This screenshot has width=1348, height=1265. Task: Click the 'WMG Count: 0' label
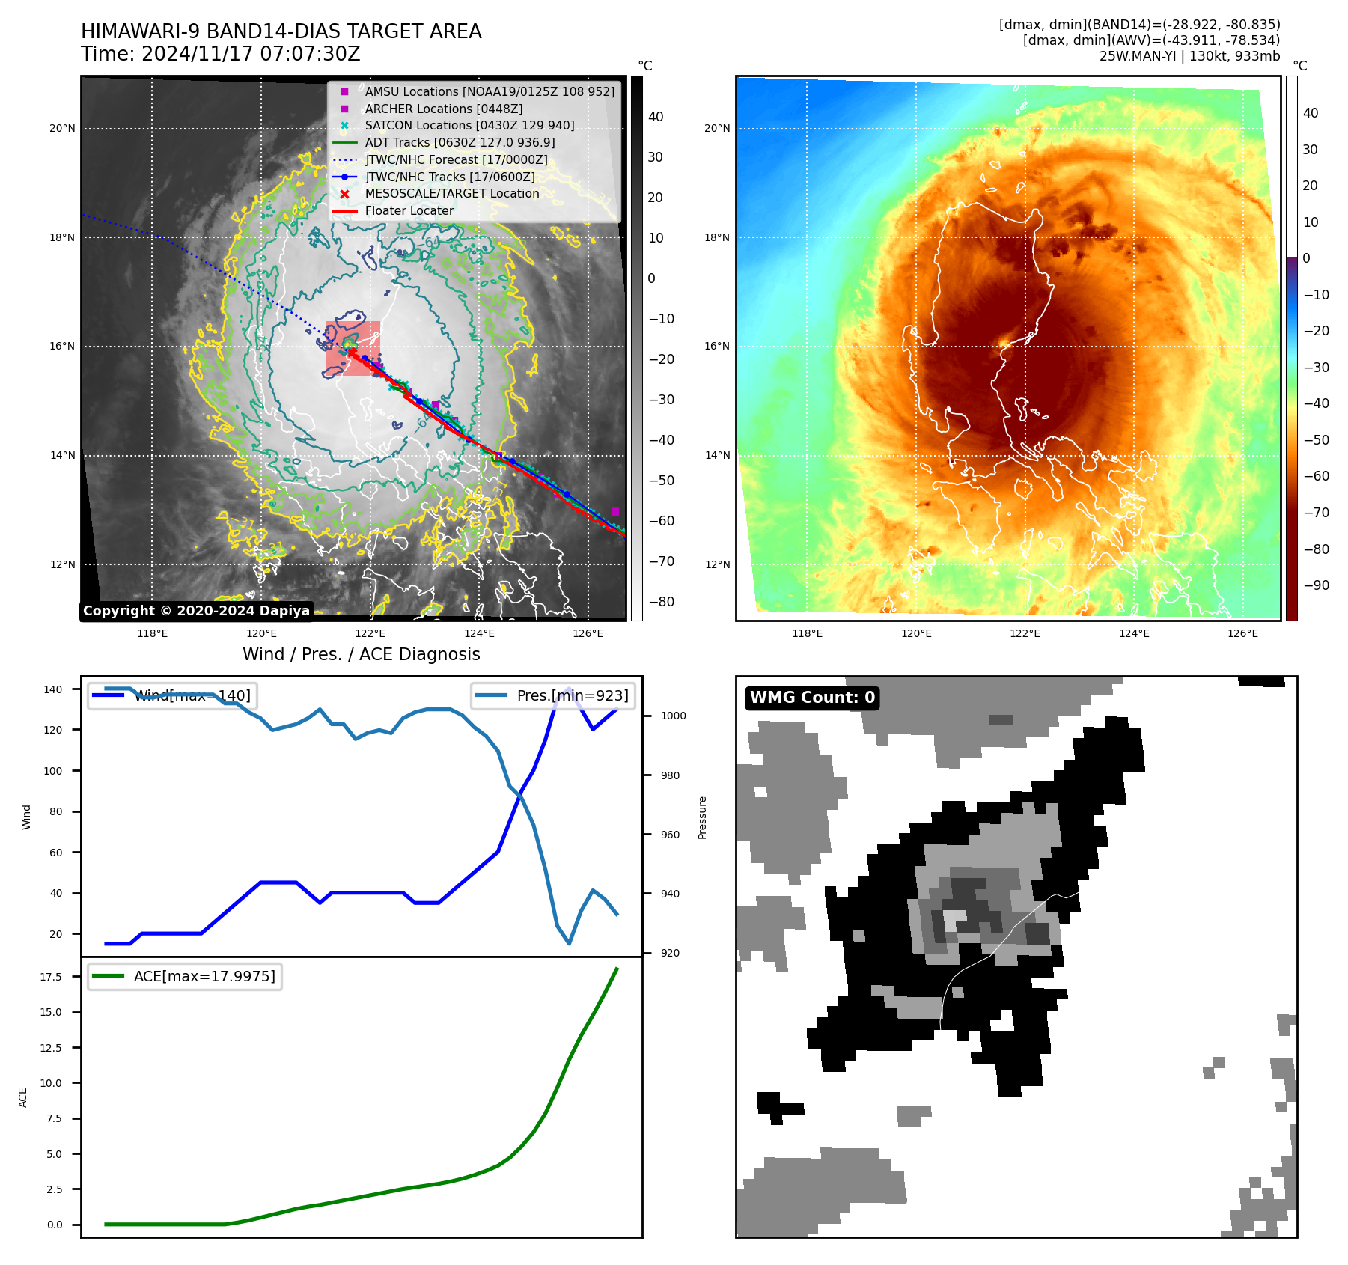pyautogui.click(x=812, y=698)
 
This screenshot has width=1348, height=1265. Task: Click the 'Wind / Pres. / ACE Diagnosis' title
pyautogui.click(x=362, y=654)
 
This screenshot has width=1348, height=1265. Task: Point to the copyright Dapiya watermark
pyautogui.click(x=196, y=611)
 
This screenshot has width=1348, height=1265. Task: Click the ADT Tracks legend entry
pyautogui.click(x=460, y=142)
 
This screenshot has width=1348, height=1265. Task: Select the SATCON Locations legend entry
pyautogui.click(x=469, y=125)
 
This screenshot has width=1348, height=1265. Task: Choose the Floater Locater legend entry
pyautogui.click(x=409, y=210)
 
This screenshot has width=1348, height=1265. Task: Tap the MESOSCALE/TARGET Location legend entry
pyautogui.click(x=451, y=193)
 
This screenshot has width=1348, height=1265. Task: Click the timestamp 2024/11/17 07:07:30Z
pyautogui.click(x=251, y=54)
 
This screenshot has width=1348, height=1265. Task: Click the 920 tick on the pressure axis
pyautogui.click(x=670, y=953)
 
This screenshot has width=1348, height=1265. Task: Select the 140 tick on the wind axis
pyautogui.click(x=53, y=689)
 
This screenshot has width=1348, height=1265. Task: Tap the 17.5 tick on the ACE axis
pyautogui.click(x=51, y=977)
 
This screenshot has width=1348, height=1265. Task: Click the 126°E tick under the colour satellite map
pyautogui.click(x=1242, y=633)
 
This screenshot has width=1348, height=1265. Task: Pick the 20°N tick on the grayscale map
pyautogui.click(x=62, y=128)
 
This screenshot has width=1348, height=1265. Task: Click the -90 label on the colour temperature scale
pyautogui.click(x=1316, y=585)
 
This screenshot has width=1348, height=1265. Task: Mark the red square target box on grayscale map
pyautogui.click(x=353, y=348)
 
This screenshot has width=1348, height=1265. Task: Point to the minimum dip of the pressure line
pyautogui.click(x=569, y=943)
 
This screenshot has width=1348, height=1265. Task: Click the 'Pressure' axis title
pyautogui.click(x=702, y=817)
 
